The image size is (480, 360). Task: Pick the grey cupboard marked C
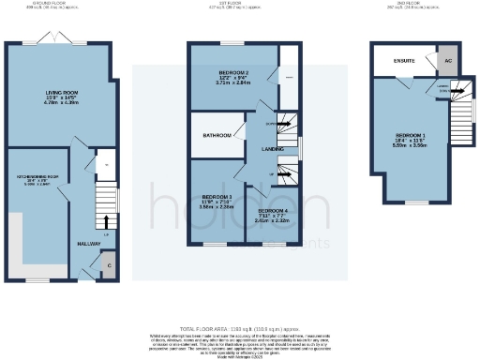click(110, 265)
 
